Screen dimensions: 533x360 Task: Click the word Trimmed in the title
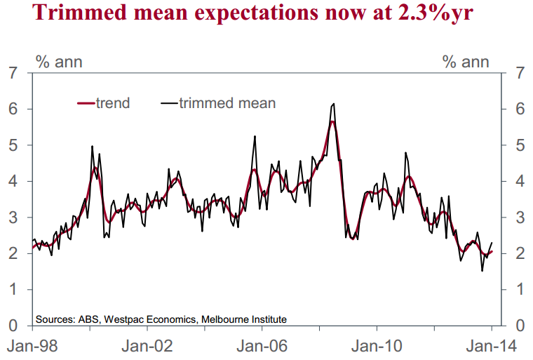point(79,12)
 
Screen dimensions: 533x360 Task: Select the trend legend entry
point(104,103)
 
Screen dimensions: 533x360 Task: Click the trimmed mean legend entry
point(218,103)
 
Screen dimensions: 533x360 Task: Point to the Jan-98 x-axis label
point(32,346)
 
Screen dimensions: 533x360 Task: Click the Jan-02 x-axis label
point(147,346)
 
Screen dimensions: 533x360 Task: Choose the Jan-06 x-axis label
point(262,346)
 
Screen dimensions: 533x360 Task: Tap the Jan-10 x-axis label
point(377,346)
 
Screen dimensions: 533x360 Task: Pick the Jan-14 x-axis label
point(492,346)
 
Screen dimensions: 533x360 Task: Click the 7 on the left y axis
point(13,73)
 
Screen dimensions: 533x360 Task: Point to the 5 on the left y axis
point(13,145)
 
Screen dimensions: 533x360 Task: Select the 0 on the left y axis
point(13,326)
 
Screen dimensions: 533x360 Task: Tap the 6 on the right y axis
point(520,109)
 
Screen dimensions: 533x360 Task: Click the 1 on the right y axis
point(520,290)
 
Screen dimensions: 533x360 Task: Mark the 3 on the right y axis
point(520,218)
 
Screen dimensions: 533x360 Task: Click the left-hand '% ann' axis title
point(59,62)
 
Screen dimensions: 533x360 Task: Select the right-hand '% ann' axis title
point(466,62)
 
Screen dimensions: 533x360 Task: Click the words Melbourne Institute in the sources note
point(244,319)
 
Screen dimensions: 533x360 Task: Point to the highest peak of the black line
point(334,104)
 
